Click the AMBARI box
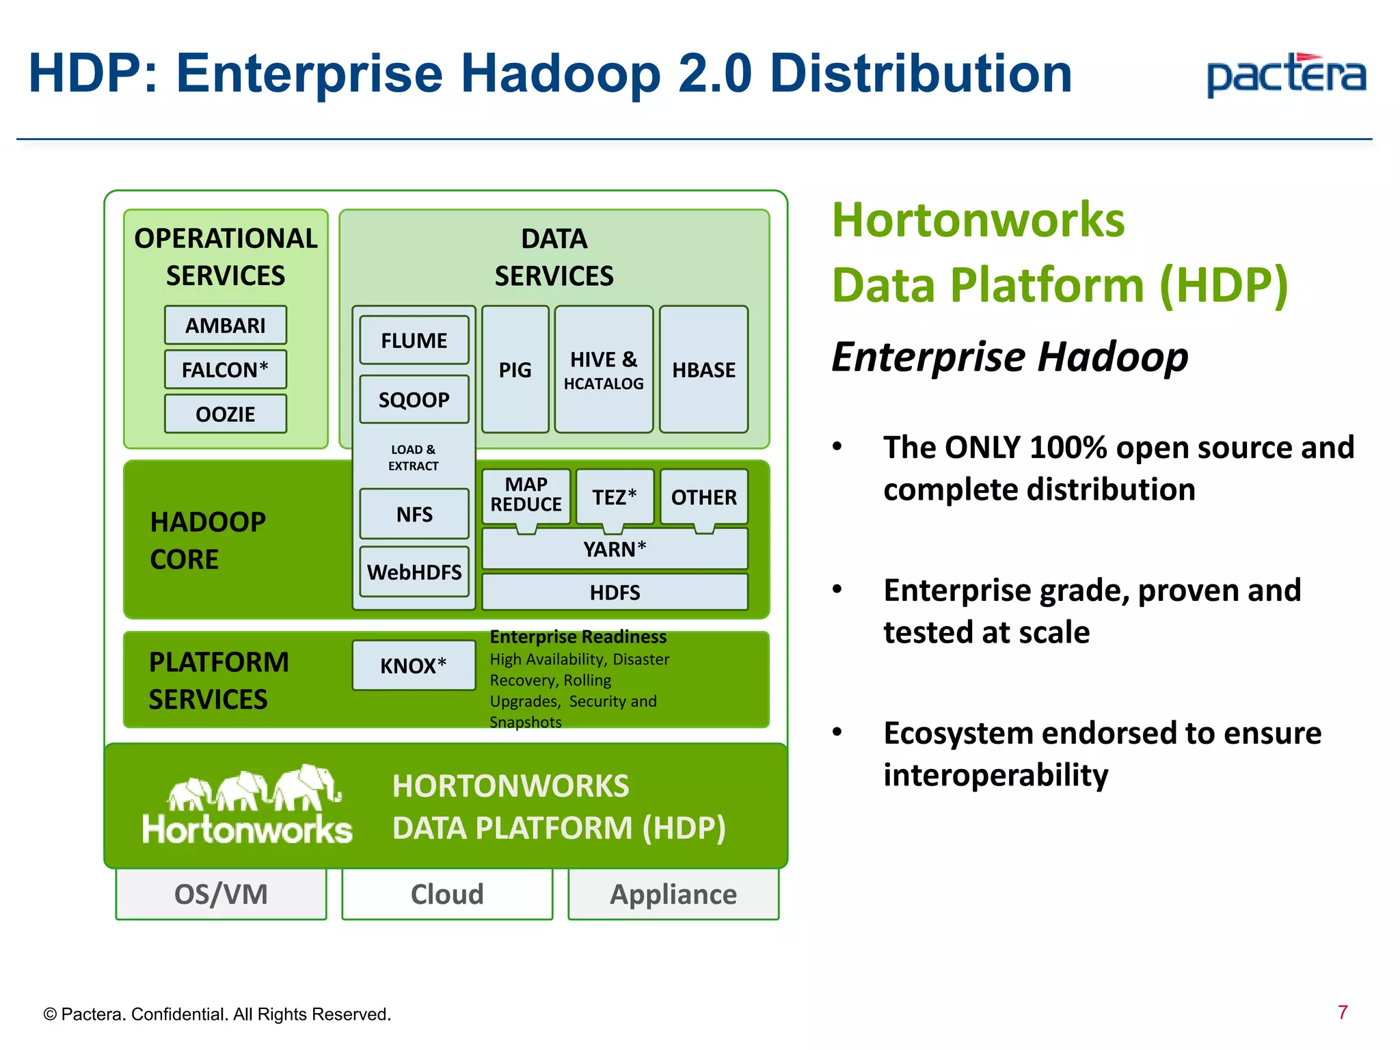[x=225, y=325]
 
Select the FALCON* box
[x=225, y=370]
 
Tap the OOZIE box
[x=225, y=414]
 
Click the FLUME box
[x=414, y=340]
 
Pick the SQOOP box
[x=414, y=399]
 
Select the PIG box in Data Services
[x=515, y=370]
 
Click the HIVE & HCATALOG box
[x=604, y=370]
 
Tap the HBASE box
[x=703, y=370]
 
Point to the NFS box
[x=414, y=514]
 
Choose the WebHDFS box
[x=414, y=571]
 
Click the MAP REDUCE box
[x=526, y=495]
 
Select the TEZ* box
[x=614, y=497]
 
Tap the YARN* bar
[x=615, y=549]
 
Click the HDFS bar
[x=615, y=592]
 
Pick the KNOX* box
[x=414, y=665]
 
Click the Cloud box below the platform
[x=447, y=894]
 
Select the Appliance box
[x=673, y=894]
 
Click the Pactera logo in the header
[x=1286, y=75]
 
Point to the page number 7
[x=1343, y=1012]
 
